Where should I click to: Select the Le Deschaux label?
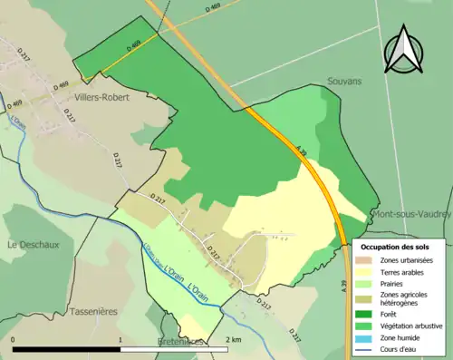[28, 244]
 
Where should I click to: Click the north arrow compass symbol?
[403, 51]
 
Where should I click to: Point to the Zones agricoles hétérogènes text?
[404, 300]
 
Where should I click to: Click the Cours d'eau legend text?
[400, 349]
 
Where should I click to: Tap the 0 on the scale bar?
[14, 339]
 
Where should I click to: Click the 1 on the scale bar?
[120, 339]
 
